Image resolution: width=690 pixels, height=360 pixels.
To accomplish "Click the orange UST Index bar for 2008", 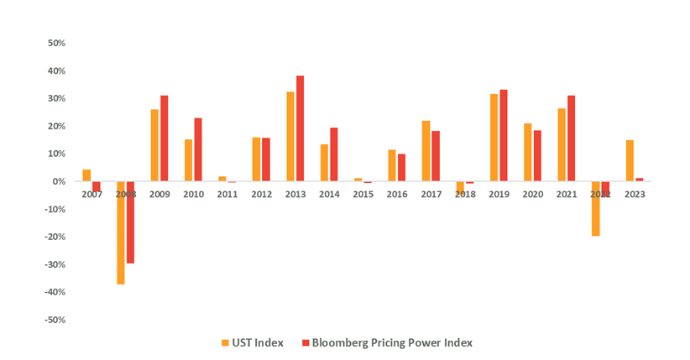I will point(121,232).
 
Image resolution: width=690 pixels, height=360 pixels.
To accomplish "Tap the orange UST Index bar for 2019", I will point(494,138).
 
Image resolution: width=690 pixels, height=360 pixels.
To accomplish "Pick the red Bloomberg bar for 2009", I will point(165,138).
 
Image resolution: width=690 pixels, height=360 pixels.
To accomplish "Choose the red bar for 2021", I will point(571,138).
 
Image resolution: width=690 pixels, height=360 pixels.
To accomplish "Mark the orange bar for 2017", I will point(426,151).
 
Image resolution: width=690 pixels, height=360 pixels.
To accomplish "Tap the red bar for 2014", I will point(333,154).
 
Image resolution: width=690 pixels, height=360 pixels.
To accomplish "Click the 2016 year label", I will point(396,193).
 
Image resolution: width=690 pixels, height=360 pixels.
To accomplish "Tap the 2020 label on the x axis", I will point(532,193).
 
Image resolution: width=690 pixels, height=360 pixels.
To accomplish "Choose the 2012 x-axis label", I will point(261,193).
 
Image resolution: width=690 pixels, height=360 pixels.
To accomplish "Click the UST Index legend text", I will point(258,342).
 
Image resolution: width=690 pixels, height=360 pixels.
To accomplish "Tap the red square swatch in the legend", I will point(306,342).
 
